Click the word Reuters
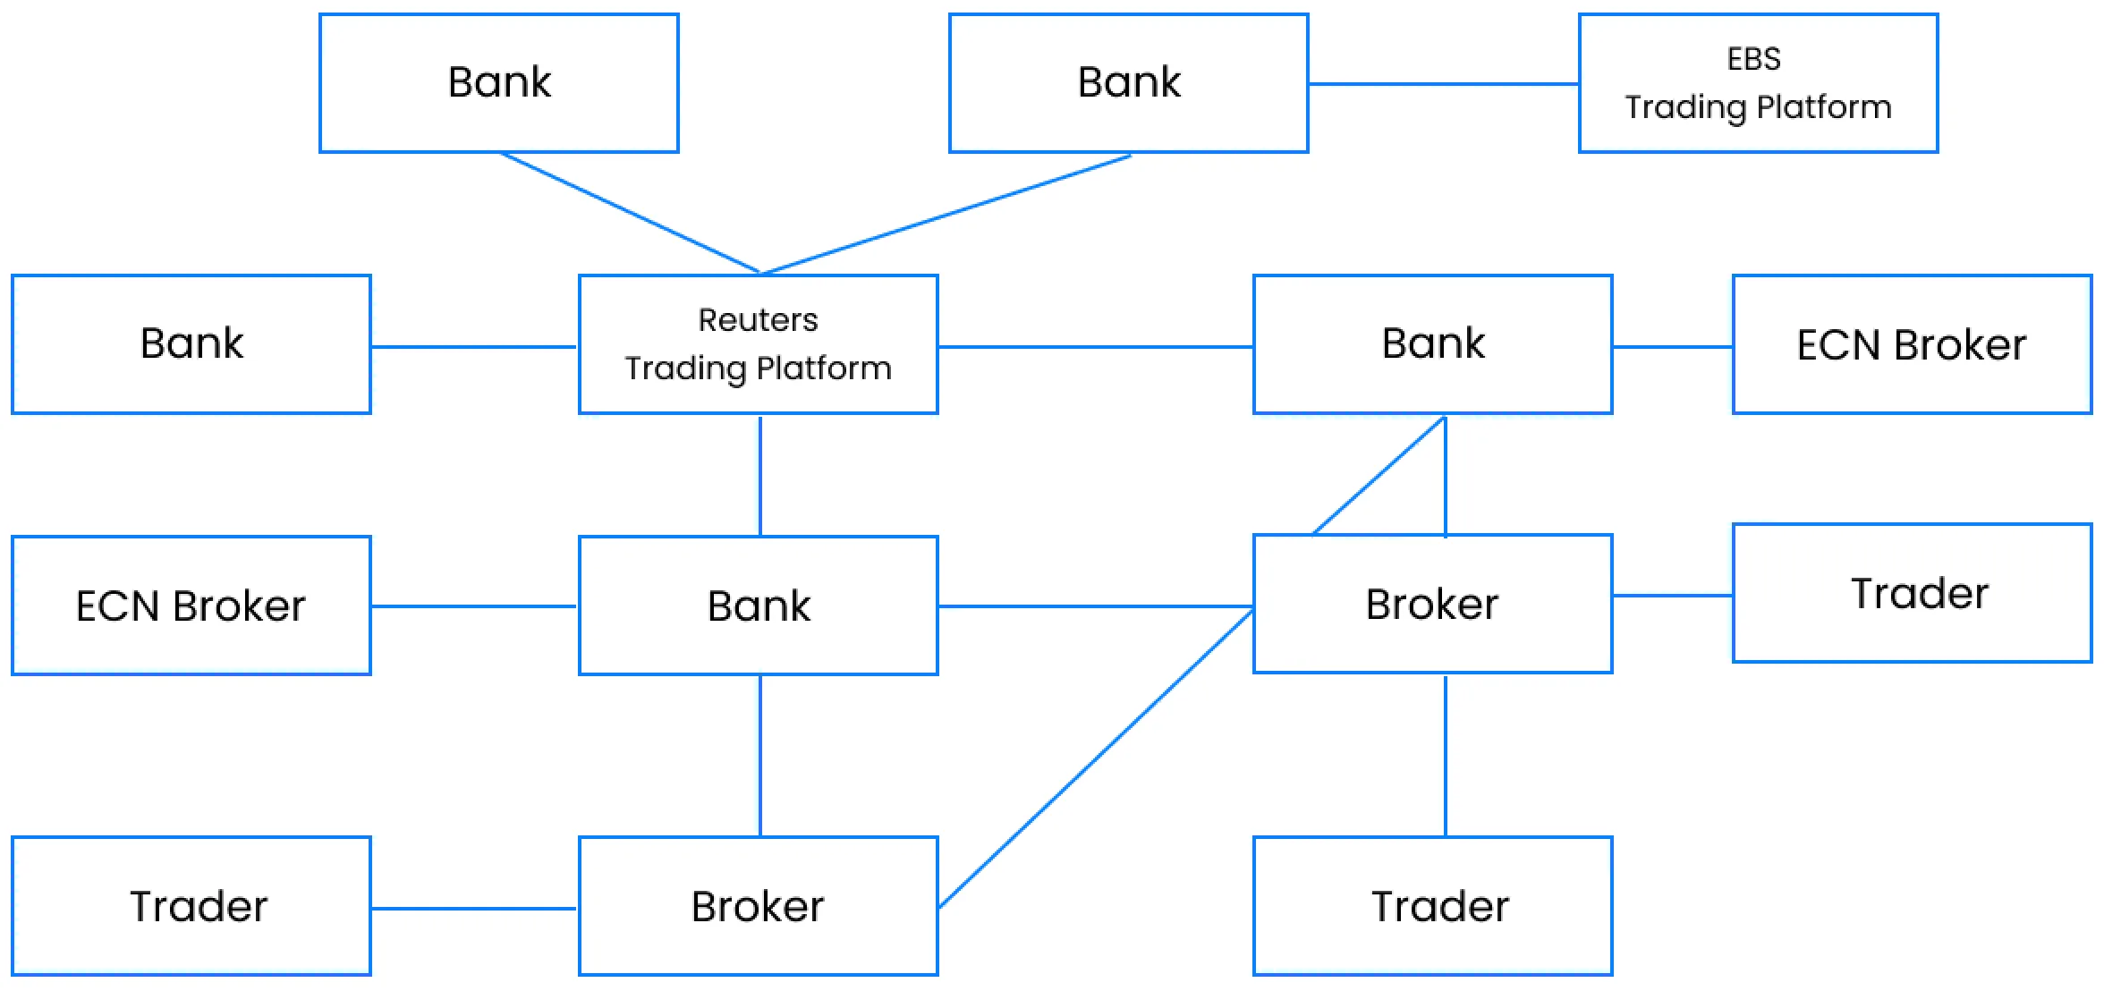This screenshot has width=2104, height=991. [758, 320]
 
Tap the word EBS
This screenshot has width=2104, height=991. [1753, 59]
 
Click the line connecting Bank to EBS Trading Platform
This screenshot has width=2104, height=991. [1444, 84]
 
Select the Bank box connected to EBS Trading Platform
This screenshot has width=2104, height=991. [1129, 83]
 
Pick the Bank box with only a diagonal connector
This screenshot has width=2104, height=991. [499, 83]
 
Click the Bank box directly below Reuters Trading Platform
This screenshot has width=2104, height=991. [759, 606]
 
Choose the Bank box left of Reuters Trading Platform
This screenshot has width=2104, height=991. [191, 344]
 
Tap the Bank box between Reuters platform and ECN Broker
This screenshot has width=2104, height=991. [1433, 344]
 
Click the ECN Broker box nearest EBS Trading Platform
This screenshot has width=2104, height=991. [1912, 344]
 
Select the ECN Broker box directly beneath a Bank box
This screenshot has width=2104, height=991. [191, 606]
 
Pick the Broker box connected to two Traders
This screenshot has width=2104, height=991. [1433, 604]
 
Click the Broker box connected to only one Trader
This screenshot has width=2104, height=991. [759, 906]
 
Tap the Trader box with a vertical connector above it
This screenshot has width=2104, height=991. [1433, 906]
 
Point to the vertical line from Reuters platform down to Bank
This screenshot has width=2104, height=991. [760, 475]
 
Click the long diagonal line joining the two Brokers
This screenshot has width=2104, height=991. [1096, 758]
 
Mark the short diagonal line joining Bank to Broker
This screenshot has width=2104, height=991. [1379, 476]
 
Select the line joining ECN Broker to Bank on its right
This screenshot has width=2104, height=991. [475, 606]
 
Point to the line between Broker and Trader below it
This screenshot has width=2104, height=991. [1446, 756]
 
